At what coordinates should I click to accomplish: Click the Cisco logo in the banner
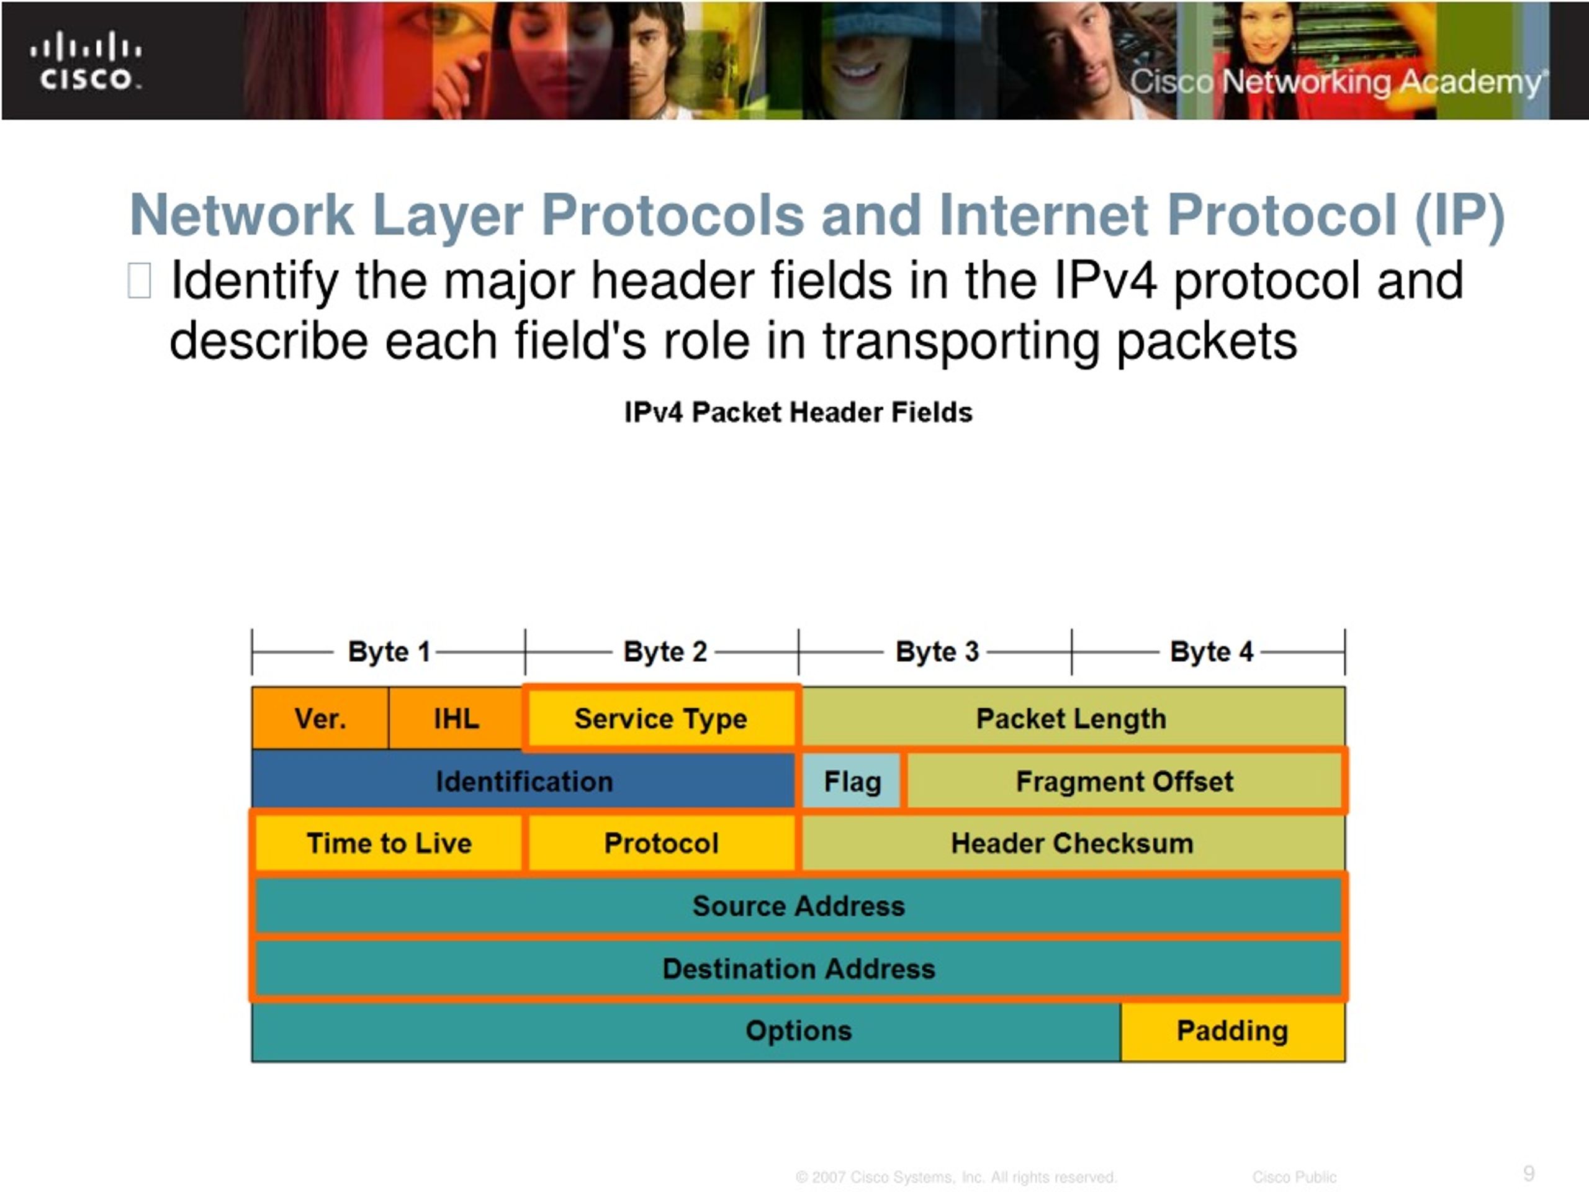(86, 62)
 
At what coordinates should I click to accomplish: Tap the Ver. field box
(320, 718)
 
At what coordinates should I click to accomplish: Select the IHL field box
(456, 718)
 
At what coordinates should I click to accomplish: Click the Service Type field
(661, 718)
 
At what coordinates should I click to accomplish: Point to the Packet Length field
(1071, 718)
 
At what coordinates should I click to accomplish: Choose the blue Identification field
(524, 781)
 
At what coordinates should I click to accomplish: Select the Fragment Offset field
(1124, 781)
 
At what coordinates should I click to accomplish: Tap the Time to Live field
(389, 843)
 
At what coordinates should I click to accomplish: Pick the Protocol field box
(661, 843)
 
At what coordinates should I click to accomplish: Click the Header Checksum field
(1072, 843)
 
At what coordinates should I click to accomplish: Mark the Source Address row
(798, 905)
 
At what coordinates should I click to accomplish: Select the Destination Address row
(798, 968)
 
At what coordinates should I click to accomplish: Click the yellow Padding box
(1232, 1031)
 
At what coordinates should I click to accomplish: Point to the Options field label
(798, 1031)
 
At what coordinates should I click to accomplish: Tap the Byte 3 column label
(937, 652)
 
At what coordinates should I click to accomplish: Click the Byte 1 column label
(389, 652)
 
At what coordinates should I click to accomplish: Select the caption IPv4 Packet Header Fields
(798, 412)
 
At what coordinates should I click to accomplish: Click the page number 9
(1529, 1173)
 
